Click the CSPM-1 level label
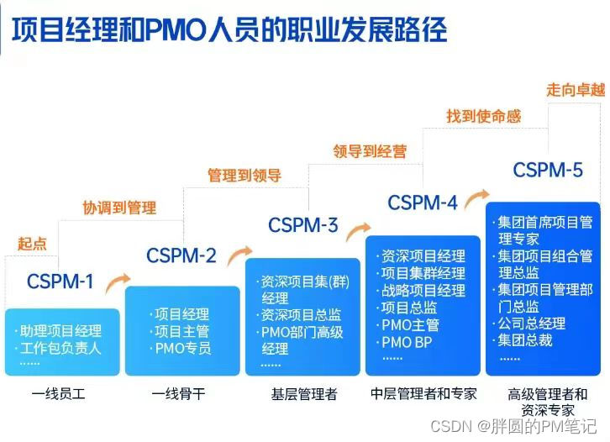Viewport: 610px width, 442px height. [x=60, y=282]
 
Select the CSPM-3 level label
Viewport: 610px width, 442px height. [x=302, y=225]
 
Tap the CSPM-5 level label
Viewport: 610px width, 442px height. [x=548, y=171]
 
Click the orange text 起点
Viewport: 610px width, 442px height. [x=32, y=244]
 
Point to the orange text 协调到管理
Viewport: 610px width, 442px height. [x=118, y=208]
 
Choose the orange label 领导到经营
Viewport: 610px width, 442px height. [x=370, y=151]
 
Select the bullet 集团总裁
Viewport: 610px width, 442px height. [x=531, y=340]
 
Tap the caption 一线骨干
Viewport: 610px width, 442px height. [x=179, y=393]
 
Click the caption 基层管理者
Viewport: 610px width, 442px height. [x=303, y=393]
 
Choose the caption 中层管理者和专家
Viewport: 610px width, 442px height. [x=423, y=393]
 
